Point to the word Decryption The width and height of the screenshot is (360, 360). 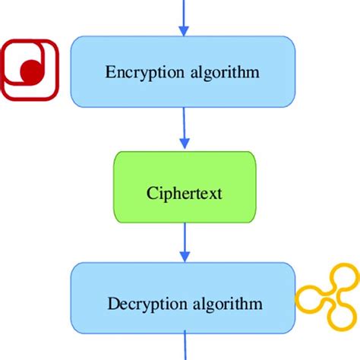[x=140, y=305]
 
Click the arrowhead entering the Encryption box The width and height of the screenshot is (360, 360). [x=183, y=30]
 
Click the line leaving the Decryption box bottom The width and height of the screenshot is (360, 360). [x=183, y=346]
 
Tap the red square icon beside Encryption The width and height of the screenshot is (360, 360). [x=29, y=70]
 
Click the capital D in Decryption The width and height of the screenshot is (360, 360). [x=112, y=305]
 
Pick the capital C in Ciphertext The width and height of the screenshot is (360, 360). [x=150, y=193]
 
